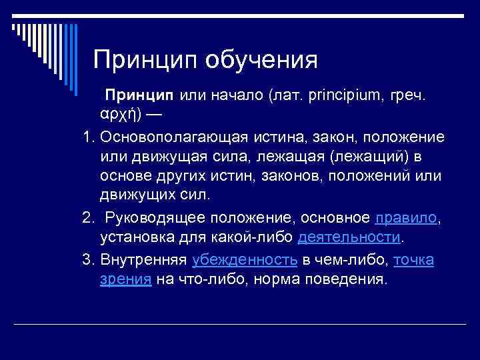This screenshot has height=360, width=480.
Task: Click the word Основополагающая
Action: [x=173, y=137]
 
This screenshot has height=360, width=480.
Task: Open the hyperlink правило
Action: [x=407, y=218]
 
